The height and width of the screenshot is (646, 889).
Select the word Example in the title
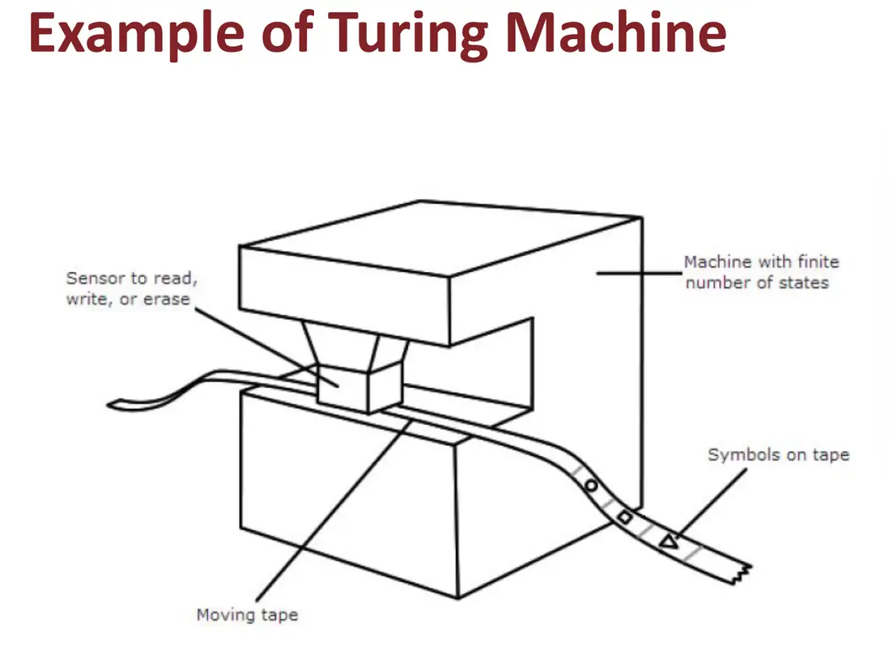[x=137, y=35]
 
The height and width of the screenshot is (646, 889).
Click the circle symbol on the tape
[x=591, y=487]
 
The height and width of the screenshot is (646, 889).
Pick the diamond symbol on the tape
[x=625, y=516]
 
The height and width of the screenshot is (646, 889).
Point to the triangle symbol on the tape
[x=669, y=542]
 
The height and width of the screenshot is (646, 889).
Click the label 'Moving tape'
[x=247, y=615]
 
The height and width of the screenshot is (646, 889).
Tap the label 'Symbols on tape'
[x=778, y=455]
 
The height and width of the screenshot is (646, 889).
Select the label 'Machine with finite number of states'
[x=761, y=272]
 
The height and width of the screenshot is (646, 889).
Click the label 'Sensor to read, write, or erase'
[x=131, y=288]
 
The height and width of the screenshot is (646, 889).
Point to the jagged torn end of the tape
[x=742, y=573]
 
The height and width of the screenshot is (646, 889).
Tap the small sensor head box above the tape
[x=359, y=389]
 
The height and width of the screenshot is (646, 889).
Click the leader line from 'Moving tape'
[x=334, y=511]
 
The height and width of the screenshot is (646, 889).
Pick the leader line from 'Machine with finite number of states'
[x=639, y=273]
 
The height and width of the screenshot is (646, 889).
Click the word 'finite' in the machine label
[x=818, y=261]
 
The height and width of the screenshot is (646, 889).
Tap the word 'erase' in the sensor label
[x=166, y=300]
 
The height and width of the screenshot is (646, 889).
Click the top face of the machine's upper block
[x=441, y=238]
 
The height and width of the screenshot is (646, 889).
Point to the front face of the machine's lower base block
[x=348, y=493]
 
